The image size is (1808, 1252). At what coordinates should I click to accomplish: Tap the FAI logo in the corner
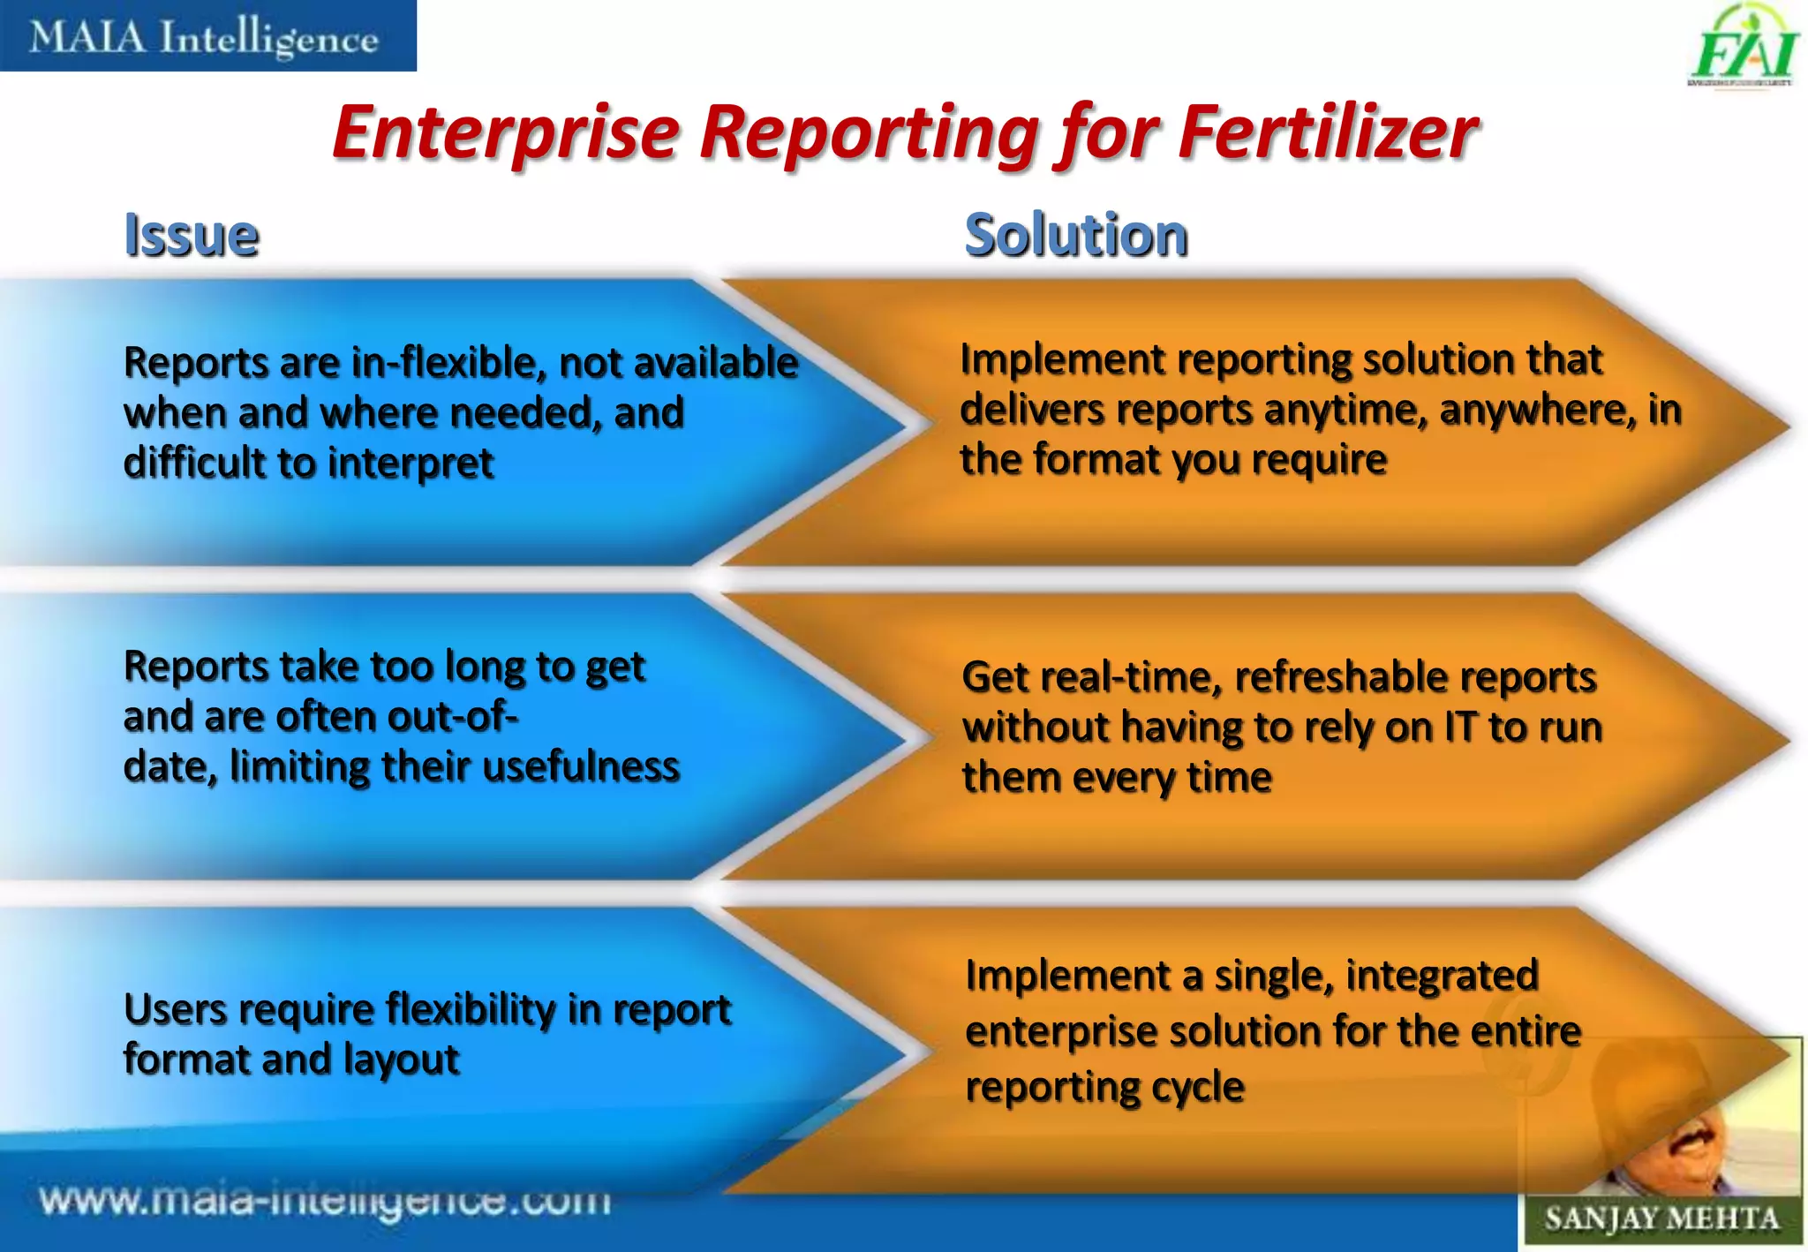pyautogui.click(x=1744, y=49)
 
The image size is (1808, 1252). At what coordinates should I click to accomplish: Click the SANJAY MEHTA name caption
pyautogui.click(x=1661, y=1219)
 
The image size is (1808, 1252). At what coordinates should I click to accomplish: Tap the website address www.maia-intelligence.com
pyautogui.click(x=325, y=1201)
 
